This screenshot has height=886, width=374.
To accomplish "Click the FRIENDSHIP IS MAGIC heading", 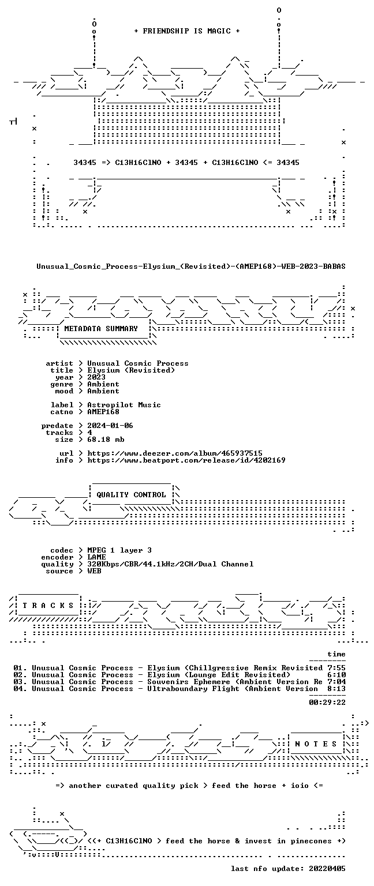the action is pos(187,31).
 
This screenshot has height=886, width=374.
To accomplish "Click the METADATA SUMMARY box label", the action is pos(101,329).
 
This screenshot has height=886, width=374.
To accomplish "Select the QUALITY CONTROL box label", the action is pos(131,495).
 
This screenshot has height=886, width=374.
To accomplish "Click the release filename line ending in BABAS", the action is pos(191,266).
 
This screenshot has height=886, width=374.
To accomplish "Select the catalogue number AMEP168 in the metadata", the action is pos(103,412).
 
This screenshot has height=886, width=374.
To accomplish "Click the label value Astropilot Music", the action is pos(124,405).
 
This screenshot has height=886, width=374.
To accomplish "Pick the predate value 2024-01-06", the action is pos(110,426).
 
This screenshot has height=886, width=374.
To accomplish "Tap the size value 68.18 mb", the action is pos(106,440).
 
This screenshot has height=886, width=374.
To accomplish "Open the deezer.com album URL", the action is pos(175,453).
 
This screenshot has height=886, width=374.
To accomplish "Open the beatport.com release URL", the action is pos(186,460).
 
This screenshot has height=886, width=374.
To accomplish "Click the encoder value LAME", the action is pos(96,557).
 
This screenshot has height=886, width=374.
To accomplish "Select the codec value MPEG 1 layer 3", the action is pos(119,550).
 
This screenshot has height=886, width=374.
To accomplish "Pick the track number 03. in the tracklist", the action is pos(20,682).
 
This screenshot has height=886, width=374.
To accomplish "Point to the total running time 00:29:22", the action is pos(327,703).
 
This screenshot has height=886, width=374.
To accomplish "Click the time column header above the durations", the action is pos(336,654).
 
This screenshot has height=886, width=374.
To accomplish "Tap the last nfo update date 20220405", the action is pos(327,869).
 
